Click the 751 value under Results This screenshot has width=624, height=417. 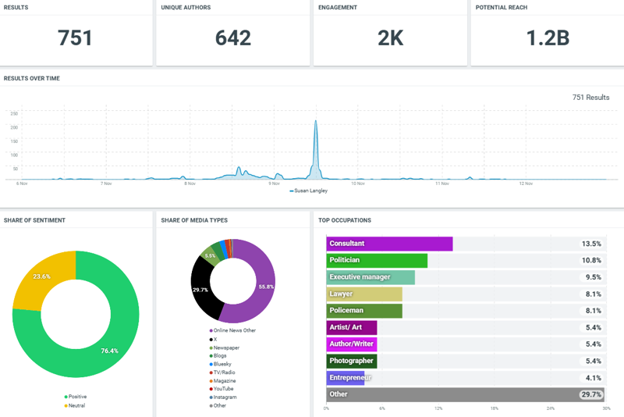[76, 37]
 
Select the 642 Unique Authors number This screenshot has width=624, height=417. [233, 37]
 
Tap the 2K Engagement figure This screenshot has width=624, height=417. [390, 37]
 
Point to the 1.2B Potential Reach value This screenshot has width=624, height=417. [547, 37]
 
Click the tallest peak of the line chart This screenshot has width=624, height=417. [316, 122]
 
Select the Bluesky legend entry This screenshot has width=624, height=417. [222, 364]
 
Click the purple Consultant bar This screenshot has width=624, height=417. [389, 244]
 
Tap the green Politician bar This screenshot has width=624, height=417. [377, 260]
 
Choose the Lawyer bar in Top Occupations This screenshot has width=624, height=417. [364, 294]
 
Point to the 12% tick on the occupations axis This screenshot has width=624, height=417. [438, 408]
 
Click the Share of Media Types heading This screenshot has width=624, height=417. [194, 220]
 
